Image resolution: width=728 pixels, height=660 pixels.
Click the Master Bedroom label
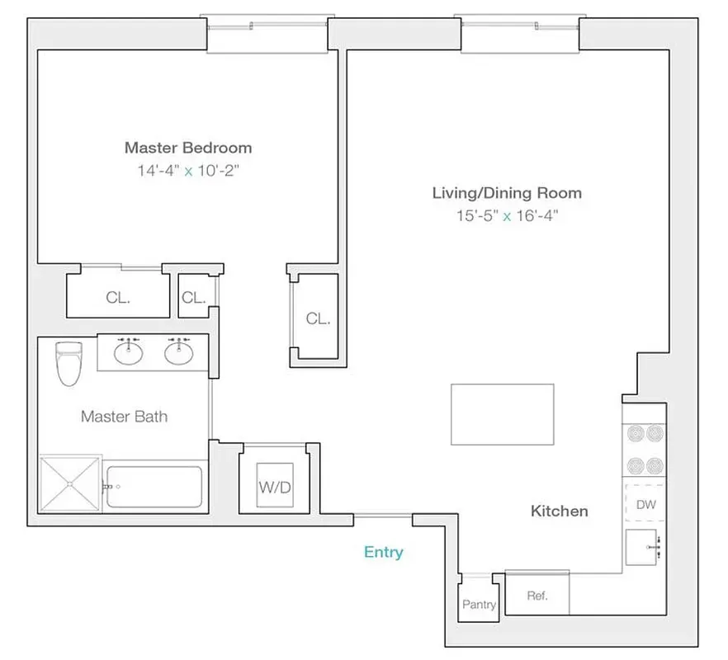(187, 148)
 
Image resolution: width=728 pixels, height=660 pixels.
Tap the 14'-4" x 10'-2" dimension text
(187, 172)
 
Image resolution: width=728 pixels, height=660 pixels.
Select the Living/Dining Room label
(507, 193)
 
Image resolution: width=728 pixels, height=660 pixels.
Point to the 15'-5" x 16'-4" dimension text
(507, 216)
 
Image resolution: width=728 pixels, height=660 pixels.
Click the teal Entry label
(383, 552)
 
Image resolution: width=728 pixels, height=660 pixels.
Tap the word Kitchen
(559, 511)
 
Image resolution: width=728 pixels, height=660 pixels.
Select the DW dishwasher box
(645, 504)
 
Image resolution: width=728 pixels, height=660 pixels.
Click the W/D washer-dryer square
(275, 486)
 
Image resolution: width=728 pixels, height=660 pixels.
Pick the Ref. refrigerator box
(537, 595)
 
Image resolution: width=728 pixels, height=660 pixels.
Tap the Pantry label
(479, 605)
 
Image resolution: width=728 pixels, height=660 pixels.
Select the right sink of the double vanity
(178, 353)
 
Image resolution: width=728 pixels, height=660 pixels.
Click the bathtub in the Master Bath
(155, 487)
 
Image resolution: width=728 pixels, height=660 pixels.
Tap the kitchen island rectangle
(502, 414)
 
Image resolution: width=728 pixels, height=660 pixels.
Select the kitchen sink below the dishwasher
(644, 547)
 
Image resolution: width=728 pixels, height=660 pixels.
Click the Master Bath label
(124, 417)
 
